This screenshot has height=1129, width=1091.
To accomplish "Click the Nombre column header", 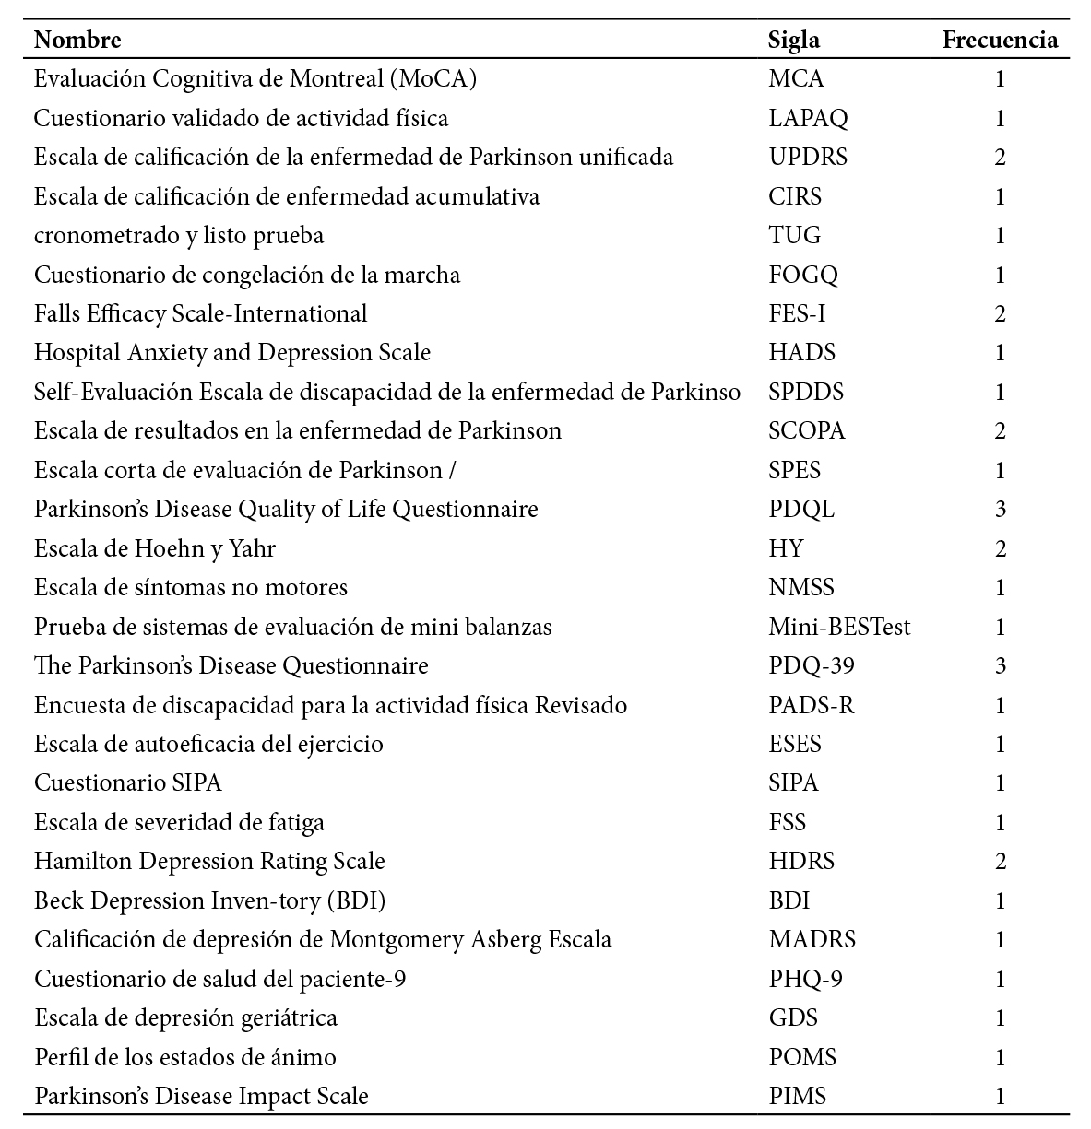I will [x=77, y=41].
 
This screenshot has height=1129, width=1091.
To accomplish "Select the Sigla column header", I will [x=793, y=41].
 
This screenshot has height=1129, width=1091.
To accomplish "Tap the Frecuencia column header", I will [x=1000, y=41].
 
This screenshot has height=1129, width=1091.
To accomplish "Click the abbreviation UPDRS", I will [x=808, y=158].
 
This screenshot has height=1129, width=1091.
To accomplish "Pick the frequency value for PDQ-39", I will [x=1001, y=666].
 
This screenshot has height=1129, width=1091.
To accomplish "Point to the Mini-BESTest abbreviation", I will [x=839, y=628].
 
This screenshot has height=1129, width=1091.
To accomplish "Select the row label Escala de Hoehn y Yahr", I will [x=155, y=549].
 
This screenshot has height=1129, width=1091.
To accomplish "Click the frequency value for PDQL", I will [x=1001, y=510].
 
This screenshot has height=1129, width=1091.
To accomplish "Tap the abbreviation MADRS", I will [x=812, y=940].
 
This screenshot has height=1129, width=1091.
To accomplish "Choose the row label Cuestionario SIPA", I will [x=128, y=783].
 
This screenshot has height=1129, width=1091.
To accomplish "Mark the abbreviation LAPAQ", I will [x=808, y=119].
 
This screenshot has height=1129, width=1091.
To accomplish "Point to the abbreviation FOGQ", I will [x=803, y=276].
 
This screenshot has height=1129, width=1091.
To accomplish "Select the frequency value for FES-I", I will [x=1001, y=314].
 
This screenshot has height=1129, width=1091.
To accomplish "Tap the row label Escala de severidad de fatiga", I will [x=179, y=823].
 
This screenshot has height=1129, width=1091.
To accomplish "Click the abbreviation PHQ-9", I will [x=805, y=979].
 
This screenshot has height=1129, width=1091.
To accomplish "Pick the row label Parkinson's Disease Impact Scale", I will [x=201, y=1097].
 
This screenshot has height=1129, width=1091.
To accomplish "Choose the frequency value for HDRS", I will [x=1001, y=862].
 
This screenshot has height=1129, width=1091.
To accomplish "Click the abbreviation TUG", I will [x=794, y=236].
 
